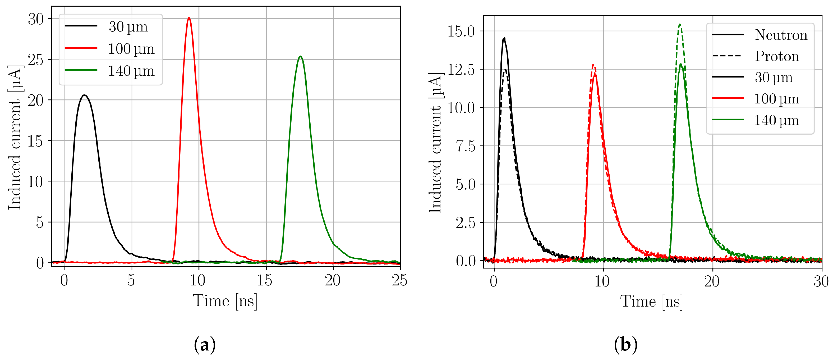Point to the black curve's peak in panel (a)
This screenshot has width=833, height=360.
tap(85, 95)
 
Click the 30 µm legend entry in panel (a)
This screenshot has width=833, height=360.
tap(128, 26)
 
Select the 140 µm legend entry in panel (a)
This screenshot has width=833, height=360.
tap(131, 71)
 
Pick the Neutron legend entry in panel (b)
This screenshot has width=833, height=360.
tap(781, 35)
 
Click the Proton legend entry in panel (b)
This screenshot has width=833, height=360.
tap(777, 56)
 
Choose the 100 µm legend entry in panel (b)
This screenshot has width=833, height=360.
tap(776, 99)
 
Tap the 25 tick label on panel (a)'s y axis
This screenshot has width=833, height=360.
tap(36, 60)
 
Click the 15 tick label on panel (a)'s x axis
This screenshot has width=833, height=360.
tap(265, 280)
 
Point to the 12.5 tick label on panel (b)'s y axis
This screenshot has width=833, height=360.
tap(461, 70)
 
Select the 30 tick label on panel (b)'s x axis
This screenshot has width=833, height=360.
tap(821, 281)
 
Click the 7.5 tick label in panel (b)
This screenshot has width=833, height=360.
tap(465, 146)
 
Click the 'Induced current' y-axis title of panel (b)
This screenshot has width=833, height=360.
tap(435, 143)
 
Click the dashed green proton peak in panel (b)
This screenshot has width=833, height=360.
tap(680, 24)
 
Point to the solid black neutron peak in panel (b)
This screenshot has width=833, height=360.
tap(504, 38)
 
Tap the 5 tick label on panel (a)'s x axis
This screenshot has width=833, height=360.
tap(131, 280)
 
